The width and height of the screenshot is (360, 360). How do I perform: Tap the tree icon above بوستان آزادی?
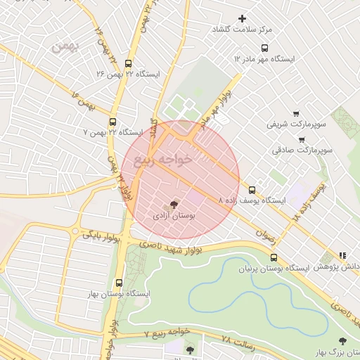click(174, 203)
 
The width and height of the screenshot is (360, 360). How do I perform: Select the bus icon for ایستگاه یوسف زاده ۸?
click(252, 189)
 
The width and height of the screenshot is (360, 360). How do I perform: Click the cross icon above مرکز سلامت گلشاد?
click(243, 18)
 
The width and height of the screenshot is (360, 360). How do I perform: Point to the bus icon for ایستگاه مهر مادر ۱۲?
click(264, 48)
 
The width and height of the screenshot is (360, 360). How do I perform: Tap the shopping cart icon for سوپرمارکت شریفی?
click(296, 113)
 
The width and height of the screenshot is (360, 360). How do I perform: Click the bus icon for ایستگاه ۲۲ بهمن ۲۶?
click(127, 63)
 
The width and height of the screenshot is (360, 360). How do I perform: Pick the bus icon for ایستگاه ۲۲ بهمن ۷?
click(113, 121)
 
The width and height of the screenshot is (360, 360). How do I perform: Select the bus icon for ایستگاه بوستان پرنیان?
click(274, 257)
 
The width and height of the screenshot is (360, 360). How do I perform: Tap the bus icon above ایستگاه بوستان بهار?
click(118, 283)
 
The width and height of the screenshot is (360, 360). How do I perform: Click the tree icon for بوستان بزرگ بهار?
click(342, 341)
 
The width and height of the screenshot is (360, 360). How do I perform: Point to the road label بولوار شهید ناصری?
click(169, 245)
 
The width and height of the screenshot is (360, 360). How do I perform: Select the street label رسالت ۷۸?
click(236, 339)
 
